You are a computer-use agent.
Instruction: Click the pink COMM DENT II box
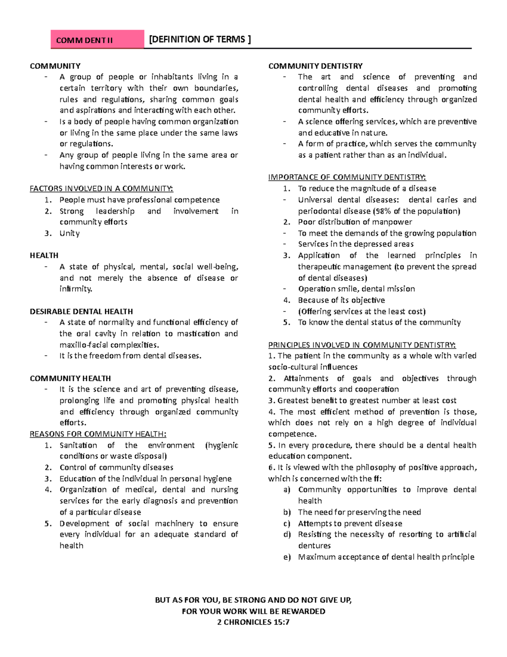(97, 40)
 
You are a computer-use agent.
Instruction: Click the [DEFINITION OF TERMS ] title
(200, 39)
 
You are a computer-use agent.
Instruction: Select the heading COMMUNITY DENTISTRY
(315, 66)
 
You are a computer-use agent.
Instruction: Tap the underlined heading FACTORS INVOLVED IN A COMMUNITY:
(101, 189)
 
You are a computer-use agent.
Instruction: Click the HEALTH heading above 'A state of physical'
(44, 256)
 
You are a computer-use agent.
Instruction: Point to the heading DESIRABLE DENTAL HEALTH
(81, 311)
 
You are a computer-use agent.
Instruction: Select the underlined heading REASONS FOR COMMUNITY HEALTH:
(98, 434)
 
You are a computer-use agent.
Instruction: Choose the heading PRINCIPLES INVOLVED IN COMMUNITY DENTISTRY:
(362, 345)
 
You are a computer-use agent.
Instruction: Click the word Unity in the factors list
(69, 234)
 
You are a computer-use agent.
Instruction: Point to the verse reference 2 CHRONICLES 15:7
(253, 622)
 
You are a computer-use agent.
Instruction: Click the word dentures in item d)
(314, 546)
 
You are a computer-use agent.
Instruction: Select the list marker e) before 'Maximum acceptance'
(287, 557)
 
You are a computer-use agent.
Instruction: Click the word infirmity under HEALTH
(76, 289)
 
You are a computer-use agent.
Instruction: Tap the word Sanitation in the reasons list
(78, 445)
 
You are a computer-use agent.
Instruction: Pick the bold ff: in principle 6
(377, 479)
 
